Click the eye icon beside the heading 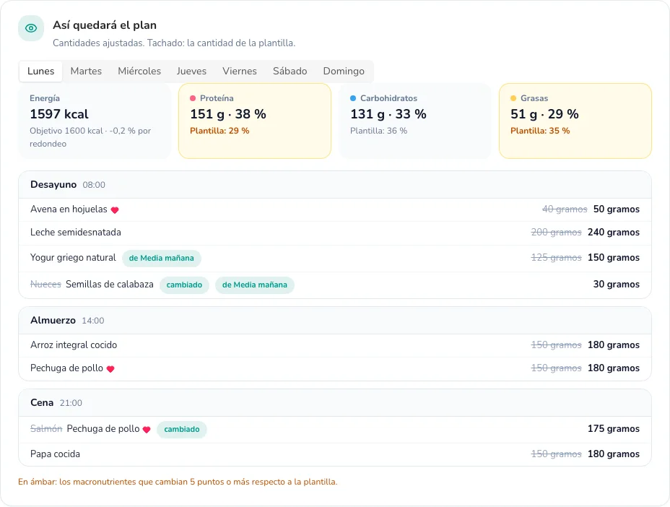[x=31, y=28]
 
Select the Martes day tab [x=86, y=71]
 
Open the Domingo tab [x=344, y=71]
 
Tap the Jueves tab [x=191, y=71]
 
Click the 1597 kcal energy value [x=59, y=114]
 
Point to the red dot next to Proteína [x=193, y=98]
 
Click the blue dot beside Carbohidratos [x=353, y=98]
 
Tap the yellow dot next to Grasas [x=513, y=98]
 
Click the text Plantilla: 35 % [x=540, y=131]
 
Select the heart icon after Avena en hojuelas [x=115, y=210]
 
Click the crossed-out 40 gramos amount [x=565, y=209]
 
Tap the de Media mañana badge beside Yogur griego [x=162, y=259]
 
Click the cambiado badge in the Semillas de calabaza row [x=184, y=285]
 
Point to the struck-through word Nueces [x=45, y=285]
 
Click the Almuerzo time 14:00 [x=92, y=321]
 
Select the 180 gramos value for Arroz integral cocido [x=614, y=345]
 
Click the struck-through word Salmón [x=46, y=429]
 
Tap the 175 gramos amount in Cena [x=614, y=429]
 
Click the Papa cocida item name [x=55, y=454]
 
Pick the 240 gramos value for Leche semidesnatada [x=614, y=232]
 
